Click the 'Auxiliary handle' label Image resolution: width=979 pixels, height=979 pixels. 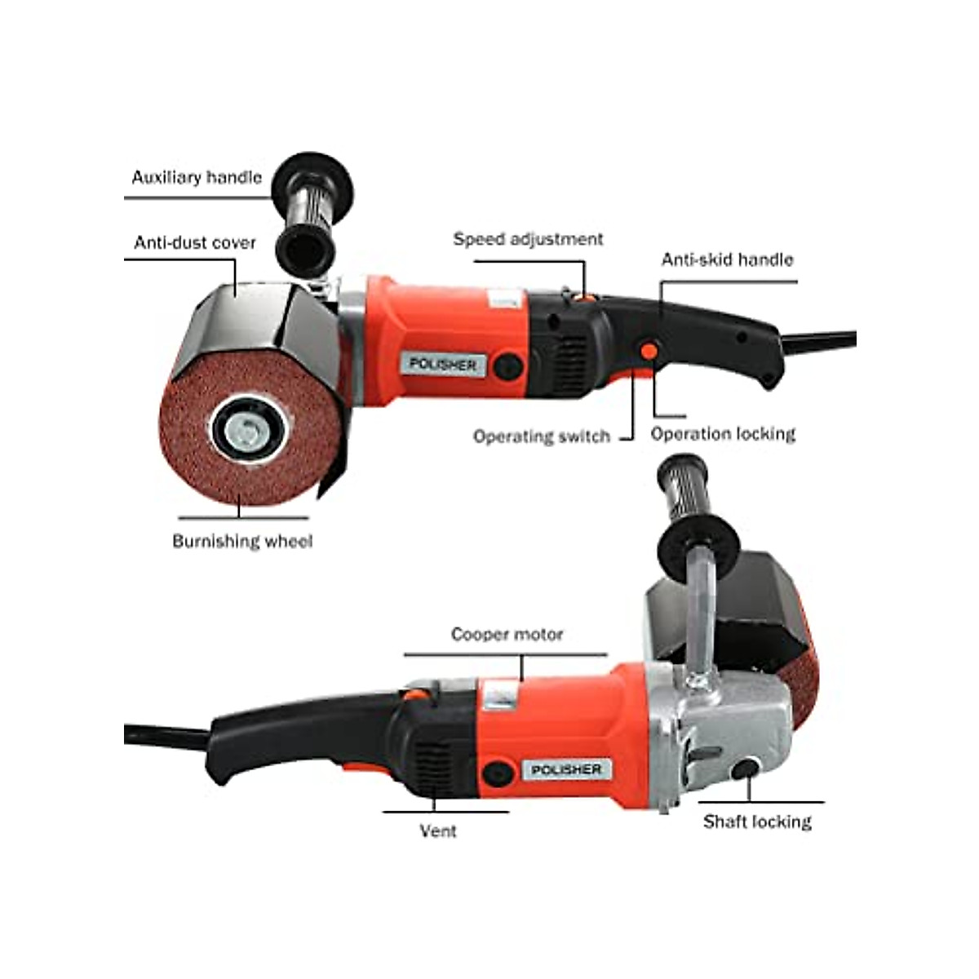pyautogui.click(x=197, y=177)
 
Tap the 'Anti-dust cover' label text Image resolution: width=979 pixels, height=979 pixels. pyautogui.click(x=195, y=242)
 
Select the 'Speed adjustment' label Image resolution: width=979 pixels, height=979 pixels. pyautogui.click(x=528, y=239)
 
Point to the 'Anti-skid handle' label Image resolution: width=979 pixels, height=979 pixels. pyautogui.click(x=727, y=259)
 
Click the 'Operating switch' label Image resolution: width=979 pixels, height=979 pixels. pyautogui.click(x=541, y=436)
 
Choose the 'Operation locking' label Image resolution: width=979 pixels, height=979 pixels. pyautogui.click(x=723, y=433)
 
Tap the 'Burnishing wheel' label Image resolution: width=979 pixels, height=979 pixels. pyautogui.click(x=242, y=541)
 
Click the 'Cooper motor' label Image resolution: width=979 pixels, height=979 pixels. pyautogui.click(x=507, y=634)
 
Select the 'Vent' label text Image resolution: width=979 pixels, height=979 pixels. pyautogui.click(x=438, y=831)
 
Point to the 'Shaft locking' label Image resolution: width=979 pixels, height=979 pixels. pyautogui.click(x=757, y=822)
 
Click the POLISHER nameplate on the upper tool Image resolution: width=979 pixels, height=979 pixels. pyautogui.click(x=443, y=365)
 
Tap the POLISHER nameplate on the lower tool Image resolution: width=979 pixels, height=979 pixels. pyautogui.click(x=566, y=770)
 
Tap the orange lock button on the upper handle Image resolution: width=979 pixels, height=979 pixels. pyautogui.click(x=649, y=351)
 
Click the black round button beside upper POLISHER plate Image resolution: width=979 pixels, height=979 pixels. pyautogui.click(x=507, y=366)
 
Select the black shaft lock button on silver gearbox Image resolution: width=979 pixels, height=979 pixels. pyautogui.click(x=744, y=769)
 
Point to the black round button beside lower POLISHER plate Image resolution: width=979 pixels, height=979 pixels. pyautogui.click(x=494, y=772)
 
